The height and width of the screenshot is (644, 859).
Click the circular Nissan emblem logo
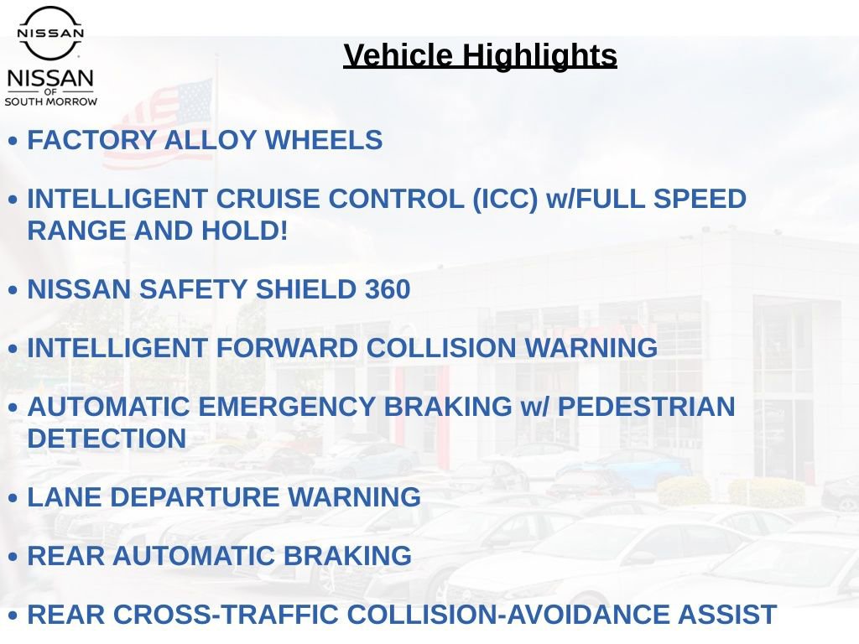(x=50, y=33)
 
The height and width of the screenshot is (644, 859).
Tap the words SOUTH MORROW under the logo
(x=51, y=101)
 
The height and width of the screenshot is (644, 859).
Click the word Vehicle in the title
(x=398, y=55)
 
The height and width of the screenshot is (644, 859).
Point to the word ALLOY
(x=211, y=140)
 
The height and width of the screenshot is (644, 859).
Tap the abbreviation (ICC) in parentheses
(x=505, y=199)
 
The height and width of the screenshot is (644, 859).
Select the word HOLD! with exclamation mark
(x=244, y=230)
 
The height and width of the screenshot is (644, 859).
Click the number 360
(x=388, y=289)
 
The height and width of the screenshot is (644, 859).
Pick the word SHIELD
(x=305, y=289)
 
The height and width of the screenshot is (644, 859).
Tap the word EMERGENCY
(x=286, y=407)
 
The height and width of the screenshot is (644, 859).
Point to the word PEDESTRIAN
(x=647, y=407)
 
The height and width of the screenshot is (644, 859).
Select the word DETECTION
(x=107, y=438)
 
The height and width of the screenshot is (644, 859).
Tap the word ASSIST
(x=727, y=614)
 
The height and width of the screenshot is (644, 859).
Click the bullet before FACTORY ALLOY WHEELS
(x=13, y=141)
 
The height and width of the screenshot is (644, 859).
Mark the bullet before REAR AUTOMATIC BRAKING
(x=13, y=557)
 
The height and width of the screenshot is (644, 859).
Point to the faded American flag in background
(x=158, y=124)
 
